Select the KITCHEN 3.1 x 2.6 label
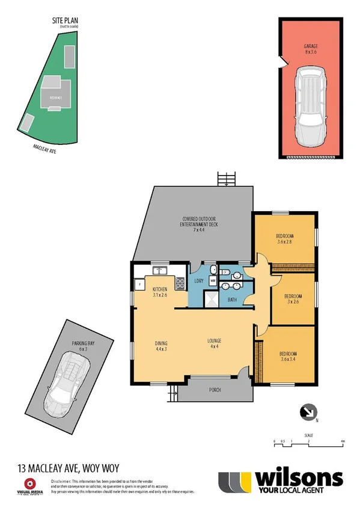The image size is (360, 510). click(160, 292)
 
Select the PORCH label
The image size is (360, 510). click(215, 390)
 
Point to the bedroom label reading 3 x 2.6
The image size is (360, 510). click(293, 299)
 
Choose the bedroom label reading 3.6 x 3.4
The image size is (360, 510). click(288, 356)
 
